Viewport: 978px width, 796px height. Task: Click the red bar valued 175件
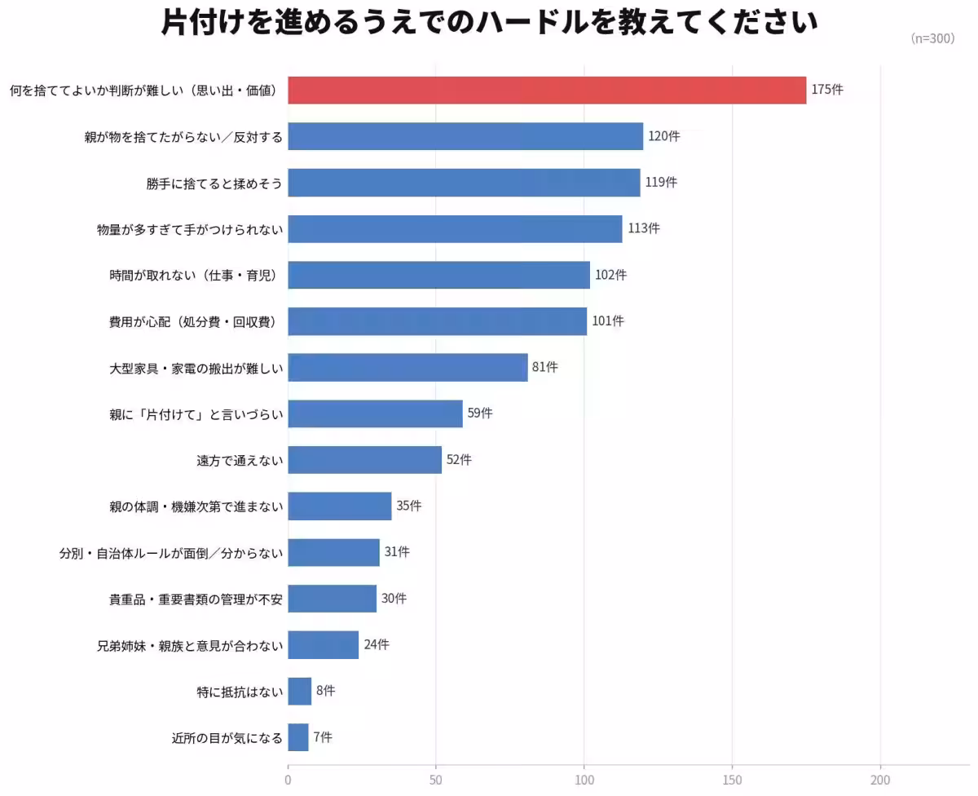pos(546,90)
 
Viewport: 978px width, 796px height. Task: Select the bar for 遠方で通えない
pos(364,460)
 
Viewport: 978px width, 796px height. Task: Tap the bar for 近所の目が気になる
pos(298,737)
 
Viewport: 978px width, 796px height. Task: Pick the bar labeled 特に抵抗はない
pos(299,691)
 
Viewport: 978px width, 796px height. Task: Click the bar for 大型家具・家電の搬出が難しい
pos(407,367)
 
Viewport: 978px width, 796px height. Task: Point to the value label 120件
pos(663,136)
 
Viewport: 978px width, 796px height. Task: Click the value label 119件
pos(661,183)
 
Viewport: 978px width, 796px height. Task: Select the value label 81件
pos(544,367)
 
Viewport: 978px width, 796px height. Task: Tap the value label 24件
pos(377,644)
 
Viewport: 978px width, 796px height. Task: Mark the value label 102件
pos(610,275)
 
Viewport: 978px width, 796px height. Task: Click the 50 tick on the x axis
pos(436,780)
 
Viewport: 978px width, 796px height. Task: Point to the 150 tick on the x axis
pos(732,780)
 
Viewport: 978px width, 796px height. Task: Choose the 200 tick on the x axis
pos(880,780)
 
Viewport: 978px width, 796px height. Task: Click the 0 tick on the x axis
pos(288,780)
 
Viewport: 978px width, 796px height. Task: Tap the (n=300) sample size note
pos(932,38)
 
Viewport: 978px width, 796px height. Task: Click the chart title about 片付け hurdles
pos(489,23)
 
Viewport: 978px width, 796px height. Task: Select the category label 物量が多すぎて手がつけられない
pos(190,229)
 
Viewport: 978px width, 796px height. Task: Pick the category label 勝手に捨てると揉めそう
pos(214,183)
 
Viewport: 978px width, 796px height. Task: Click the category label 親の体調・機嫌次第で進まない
pos(196,506)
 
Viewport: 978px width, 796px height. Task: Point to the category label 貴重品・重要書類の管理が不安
pos(196,599)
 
